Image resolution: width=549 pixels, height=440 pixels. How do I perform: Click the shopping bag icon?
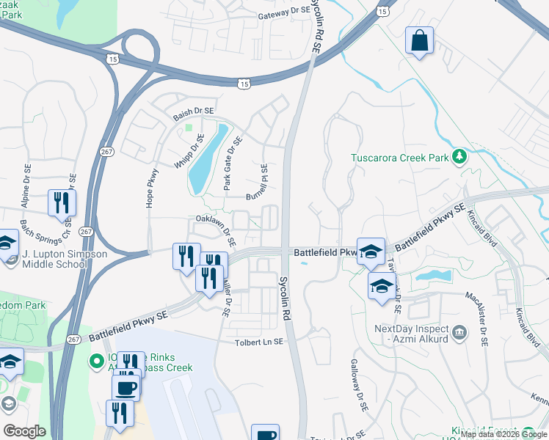419,42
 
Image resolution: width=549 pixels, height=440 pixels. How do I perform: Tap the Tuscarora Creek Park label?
399,157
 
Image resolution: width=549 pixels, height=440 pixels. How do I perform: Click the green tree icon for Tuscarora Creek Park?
459,156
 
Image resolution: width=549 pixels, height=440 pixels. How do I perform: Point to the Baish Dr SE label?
193,111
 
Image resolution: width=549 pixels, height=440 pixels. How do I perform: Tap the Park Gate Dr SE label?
232,164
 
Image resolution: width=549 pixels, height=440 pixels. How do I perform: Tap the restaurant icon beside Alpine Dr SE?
61,202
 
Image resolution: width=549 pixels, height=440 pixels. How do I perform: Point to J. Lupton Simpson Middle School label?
65,260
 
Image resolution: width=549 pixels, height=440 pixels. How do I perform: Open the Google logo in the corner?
24,431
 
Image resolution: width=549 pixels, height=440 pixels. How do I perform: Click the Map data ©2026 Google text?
503,434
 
